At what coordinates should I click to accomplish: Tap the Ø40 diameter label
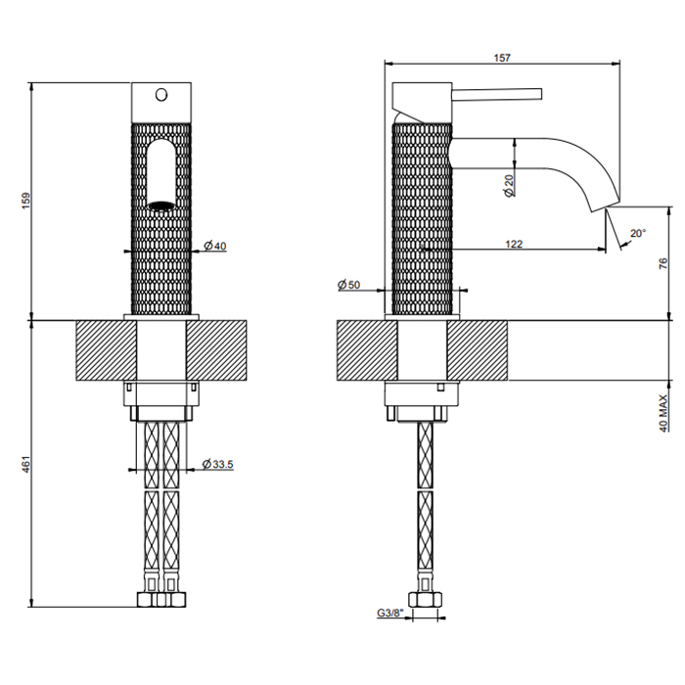(215, 246)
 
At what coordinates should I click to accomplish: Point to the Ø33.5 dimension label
(216, 464)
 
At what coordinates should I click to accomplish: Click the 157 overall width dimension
(501, 58)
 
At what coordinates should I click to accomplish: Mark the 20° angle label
(637, 233)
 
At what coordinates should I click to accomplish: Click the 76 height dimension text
(662, 262)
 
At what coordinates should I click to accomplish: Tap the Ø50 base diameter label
(349, 285)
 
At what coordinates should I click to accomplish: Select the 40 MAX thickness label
(662, 411)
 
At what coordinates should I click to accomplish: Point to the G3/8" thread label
(388, 615)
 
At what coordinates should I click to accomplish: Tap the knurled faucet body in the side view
(423, 215)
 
